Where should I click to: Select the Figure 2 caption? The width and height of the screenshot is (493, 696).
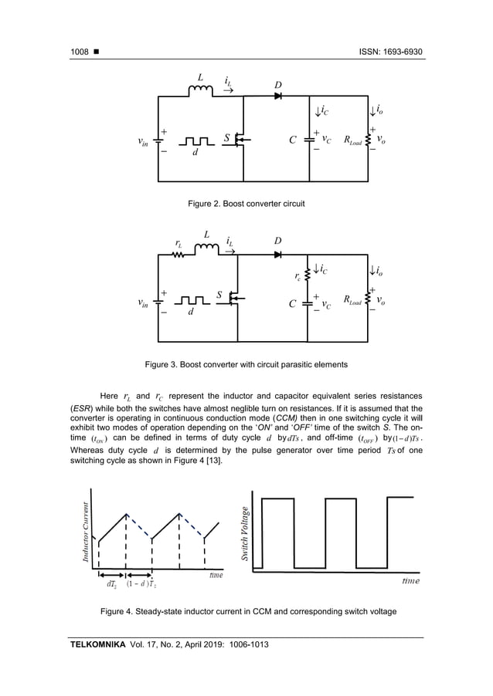246,204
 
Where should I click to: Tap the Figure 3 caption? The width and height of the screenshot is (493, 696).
246,363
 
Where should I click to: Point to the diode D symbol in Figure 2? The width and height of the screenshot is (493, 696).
277,96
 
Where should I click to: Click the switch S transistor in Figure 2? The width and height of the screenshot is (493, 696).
240,140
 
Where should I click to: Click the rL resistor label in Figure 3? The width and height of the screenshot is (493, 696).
178,243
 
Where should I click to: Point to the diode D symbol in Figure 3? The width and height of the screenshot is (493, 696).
277,254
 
